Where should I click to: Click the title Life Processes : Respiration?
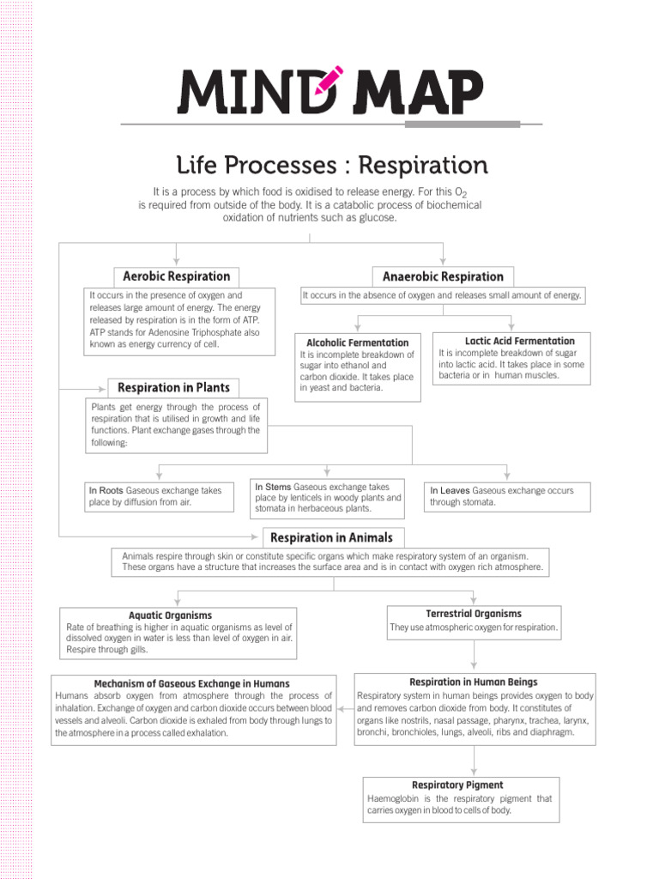pyautogui.click(x=331, y=164)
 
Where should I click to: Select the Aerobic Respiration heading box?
pyautogui.click(x=177, y=276)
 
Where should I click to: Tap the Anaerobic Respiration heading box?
pyautogui.click(x=443, y=276)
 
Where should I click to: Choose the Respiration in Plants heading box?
pyautogui.click(x=173, y=387)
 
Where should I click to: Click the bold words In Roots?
pyautogui.click(x=106, y=491)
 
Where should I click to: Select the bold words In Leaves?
pyautogui.click(x=450, y=490)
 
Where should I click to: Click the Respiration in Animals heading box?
pyautogui.click(x=331, y=537)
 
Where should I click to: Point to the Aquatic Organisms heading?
pyautogui.click(x=170, y=615)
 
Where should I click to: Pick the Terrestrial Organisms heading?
pyautogui.click(x=474, y=614)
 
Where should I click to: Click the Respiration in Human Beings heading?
pyautogui.click(x=474, y=682)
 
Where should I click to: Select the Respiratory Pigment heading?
pyautogui.click(x=457, y=785)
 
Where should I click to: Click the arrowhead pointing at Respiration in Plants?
pyautogui.click(x=102, y=387)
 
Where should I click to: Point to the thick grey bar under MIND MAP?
pyautogui.click(x=462, y=124)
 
